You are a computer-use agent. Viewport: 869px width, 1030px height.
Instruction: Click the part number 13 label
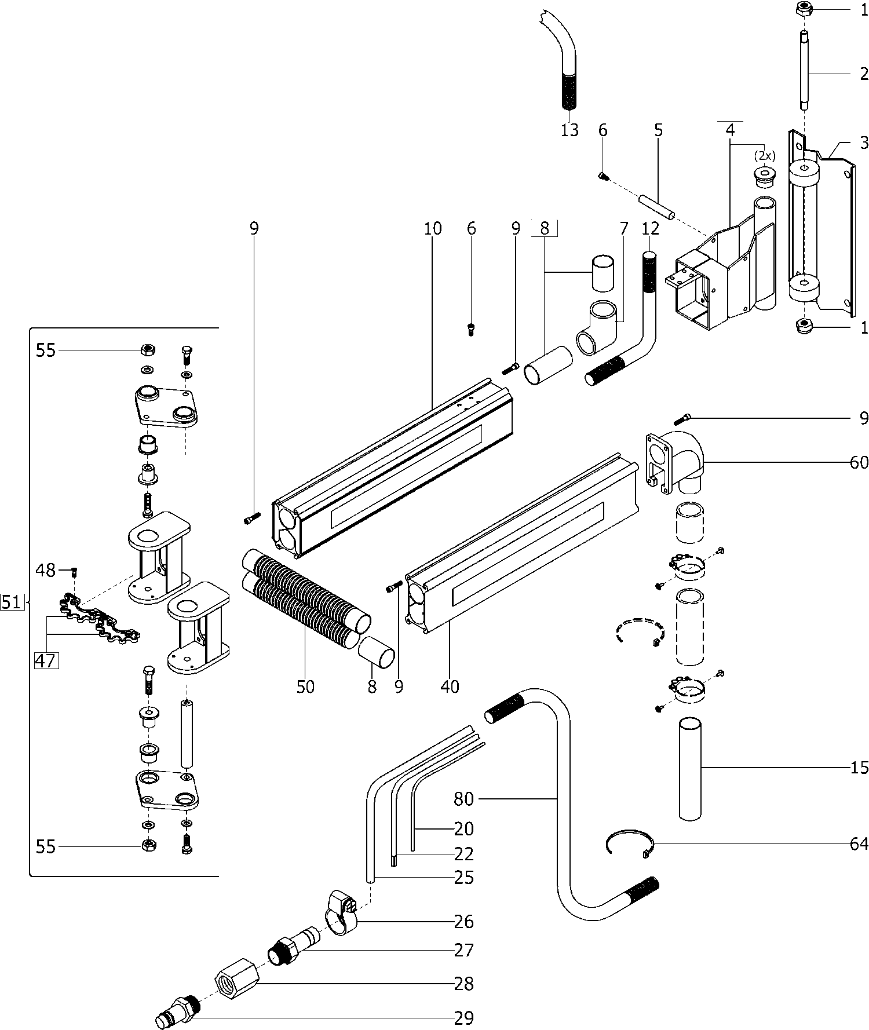[x=569, y=130]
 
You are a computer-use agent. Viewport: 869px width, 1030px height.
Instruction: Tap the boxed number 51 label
[x=11, y=602]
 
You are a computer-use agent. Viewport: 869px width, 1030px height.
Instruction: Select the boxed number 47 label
[x=46, y=660]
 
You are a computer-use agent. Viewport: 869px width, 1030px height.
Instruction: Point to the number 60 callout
[x=859, y=462]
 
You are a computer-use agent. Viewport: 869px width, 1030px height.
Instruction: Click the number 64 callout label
[x=859, y=843]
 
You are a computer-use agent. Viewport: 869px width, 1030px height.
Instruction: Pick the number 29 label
[x=464, y=1018]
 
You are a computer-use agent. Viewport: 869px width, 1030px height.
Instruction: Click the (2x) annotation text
[x=764, y=156]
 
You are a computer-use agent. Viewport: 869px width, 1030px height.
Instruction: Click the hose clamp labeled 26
[x=341, y=913]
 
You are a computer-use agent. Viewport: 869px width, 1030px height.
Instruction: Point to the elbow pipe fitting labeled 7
[x=597, y=327]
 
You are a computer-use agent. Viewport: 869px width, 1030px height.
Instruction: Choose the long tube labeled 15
[x=690, y=768]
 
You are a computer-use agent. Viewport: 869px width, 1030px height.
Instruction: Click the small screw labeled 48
[x=74, y=572]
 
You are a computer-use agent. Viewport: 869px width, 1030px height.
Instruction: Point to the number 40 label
[x=450, y=686]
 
